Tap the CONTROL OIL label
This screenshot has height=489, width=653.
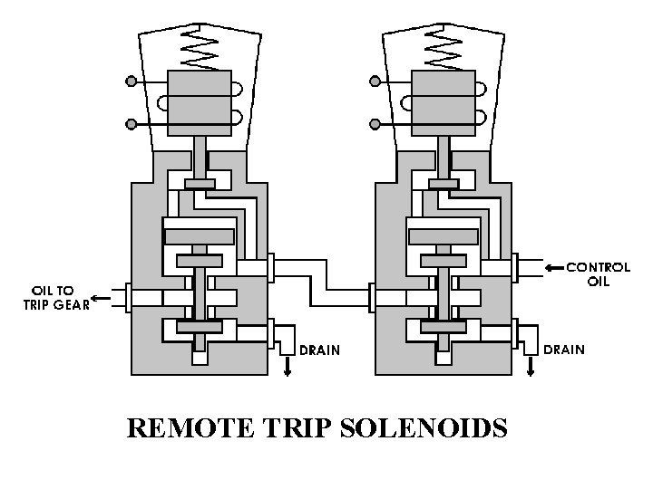598,273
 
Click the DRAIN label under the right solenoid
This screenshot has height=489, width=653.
562,349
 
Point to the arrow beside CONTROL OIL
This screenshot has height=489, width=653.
553,268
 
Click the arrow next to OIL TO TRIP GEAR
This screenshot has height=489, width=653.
102,298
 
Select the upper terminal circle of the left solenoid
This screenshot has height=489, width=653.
132,81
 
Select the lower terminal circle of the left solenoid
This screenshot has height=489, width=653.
132,123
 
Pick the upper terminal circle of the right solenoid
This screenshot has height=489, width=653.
376,81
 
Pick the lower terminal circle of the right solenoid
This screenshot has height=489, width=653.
376,123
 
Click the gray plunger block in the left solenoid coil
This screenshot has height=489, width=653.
200,102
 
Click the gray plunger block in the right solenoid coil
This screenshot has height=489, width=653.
443,102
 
